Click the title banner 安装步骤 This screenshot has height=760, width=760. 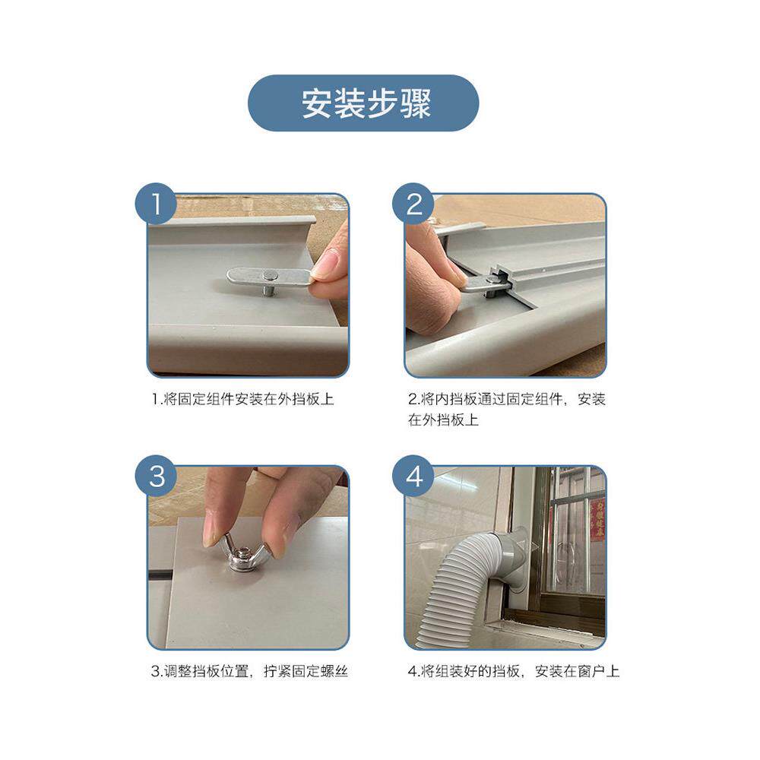pyautogui.click(x=363, y=103)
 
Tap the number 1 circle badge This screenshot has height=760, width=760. pyautogui.click(x=156, y=204)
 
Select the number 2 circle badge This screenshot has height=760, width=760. pyautogui.click(x=413, y=204)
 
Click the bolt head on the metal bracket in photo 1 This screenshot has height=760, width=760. pyautogui.click(x=270, y=277)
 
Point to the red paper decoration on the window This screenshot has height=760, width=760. pyautogui.click(x=597, y=519)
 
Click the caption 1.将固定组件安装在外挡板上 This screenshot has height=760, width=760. pyautogui.click(x=243, y=400)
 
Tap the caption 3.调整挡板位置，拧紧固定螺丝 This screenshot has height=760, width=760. pyautogui.click(x=249, y=671)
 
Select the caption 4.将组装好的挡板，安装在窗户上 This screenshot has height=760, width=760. pyautogui.click(x=513, y=671)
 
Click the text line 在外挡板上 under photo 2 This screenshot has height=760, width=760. pyautogui.click(x=443, y=420)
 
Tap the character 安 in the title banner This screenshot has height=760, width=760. pyautogui.click(x=316, y=103)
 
